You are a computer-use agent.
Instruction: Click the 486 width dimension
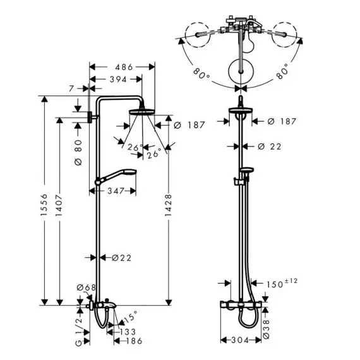(x=124, y=67)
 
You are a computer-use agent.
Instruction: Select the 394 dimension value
(x=118, y=80)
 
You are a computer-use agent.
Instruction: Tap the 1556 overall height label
(x=44, y=205)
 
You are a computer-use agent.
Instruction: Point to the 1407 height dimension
(x=59, y=205)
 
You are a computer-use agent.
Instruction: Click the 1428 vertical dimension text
(x=168, y=205)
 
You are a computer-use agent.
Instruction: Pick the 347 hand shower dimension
(x=116, y=191)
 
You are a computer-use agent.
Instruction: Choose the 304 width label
(x=240, y=340)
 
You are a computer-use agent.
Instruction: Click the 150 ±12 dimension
(x=282, y=284)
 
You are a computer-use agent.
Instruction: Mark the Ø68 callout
(x=86, y=287)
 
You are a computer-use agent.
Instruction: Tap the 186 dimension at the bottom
(x=134, y=341)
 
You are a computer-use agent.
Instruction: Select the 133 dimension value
(x=128, y=332)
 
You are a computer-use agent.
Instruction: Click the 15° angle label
(x=131, y=316)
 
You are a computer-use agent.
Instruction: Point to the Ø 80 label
(x=78, y=152)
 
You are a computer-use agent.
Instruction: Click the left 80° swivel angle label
(x=201, y=73)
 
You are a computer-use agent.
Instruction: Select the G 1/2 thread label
(x=79, y=329)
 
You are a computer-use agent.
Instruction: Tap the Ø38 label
(x=266, y=329)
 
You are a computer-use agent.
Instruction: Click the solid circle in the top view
(x=241, y=71)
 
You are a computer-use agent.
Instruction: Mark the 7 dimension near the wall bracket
(x=71, y=88)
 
